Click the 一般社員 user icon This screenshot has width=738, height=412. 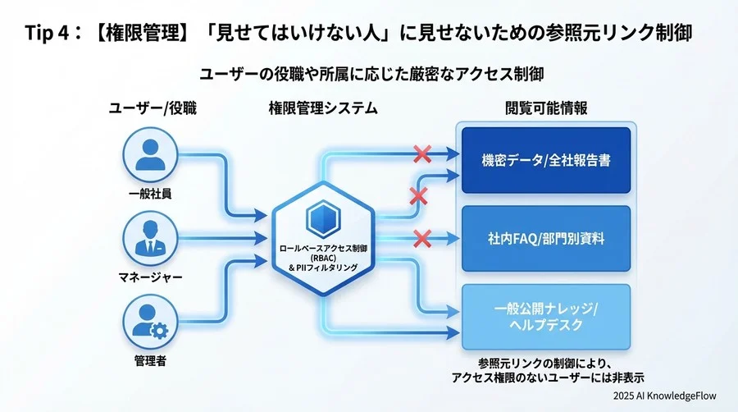150,157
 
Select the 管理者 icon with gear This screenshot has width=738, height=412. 150,321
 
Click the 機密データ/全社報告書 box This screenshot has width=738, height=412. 545,160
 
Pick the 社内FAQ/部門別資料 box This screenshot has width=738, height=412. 545,239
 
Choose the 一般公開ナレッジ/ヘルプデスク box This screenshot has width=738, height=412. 545,316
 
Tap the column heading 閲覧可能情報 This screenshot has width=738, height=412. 545,108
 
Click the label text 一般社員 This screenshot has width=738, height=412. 150,194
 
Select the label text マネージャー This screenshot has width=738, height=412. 150,277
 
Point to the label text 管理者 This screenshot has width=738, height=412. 150,359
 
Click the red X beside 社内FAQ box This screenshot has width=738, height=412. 422,239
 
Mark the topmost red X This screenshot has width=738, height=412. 422,153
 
